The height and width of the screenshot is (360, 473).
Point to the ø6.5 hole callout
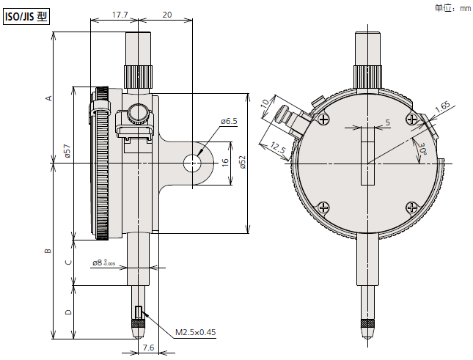click(228, 122)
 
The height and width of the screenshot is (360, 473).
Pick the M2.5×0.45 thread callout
click(195, 332)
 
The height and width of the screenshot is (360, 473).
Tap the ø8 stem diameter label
click(103, 262)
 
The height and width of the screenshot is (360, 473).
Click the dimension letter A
click(48, 98)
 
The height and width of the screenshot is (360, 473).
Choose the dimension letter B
click(48, 251)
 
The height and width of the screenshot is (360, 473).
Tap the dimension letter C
click(68, 262)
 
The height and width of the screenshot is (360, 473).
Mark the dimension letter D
click(68, 312)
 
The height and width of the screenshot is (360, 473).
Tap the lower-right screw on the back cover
click(413, 208)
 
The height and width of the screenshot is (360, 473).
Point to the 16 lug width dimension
click(224, 162)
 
